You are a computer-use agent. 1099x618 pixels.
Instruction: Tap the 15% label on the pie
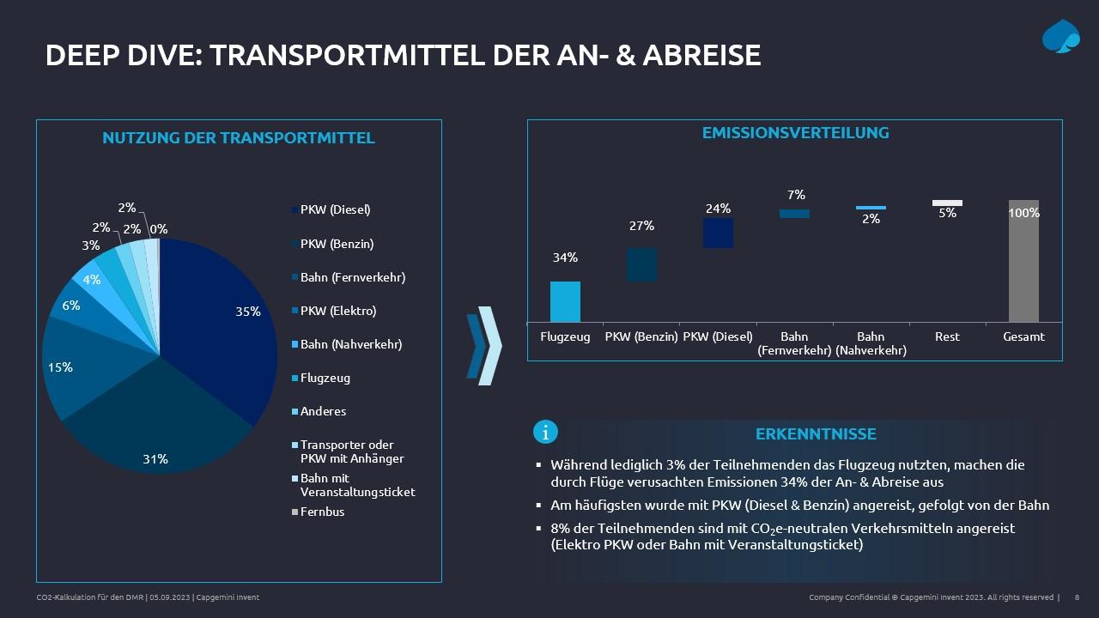point(61,367)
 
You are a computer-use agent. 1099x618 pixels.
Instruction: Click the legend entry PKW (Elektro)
point(338,311)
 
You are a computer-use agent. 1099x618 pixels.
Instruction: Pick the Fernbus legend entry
point(322,512)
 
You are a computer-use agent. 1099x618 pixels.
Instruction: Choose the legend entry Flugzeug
point(325,378)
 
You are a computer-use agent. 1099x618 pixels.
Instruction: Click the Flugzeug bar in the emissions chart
point(565,301)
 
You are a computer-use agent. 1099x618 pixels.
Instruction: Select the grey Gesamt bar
point(1023,261)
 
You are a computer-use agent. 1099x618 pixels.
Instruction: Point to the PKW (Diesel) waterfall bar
point(718,233)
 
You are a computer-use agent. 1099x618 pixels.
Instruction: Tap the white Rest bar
point(947,203)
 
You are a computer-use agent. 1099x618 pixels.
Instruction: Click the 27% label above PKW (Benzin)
point(642,226)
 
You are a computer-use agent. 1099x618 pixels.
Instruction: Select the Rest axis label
point(947,336)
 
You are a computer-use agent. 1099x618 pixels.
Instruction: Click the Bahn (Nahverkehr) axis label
point(871,343)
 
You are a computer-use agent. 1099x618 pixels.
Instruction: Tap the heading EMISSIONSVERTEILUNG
point(795,133)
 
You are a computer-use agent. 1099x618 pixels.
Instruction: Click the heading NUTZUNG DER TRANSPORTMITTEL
point(239,138)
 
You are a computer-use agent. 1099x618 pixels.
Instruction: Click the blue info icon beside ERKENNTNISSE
point(545,432)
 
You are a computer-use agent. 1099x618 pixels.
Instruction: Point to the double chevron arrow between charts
point(484,345)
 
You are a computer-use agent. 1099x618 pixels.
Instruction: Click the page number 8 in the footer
point(1077,597)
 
